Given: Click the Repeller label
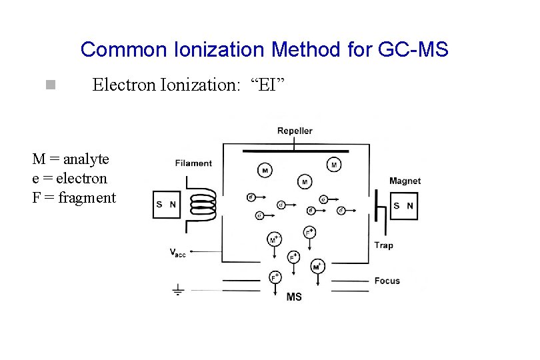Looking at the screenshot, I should pos(295,131).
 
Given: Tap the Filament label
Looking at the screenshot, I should pos(193,163).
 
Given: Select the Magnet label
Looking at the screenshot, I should pos(405,181).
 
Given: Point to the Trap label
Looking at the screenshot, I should pos(383,245).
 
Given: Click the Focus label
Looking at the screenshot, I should pos(387,281).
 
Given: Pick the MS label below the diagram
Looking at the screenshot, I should pos(294,297).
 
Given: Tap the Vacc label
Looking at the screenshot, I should pos(178,252).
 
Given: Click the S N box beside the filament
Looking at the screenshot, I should pos(166,205).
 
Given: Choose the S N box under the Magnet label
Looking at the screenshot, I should pos(403,206).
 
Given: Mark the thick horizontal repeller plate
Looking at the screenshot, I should pos(294,151).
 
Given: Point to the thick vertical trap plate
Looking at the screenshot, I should pos(375,205).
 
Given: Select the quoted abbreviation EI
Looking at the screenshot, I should pos(271,85).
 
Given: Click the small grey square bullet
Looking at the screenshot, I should pos(49,85).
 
